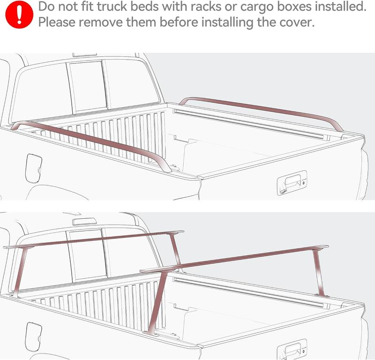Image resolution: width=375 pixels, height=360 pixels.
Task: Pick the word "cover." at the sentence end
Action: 293,23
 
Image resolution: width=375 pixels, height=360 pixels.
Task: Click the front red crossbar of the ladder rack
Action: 94,240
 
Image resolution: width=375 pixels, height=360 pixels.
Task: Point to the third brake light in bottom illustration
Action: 84,221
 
